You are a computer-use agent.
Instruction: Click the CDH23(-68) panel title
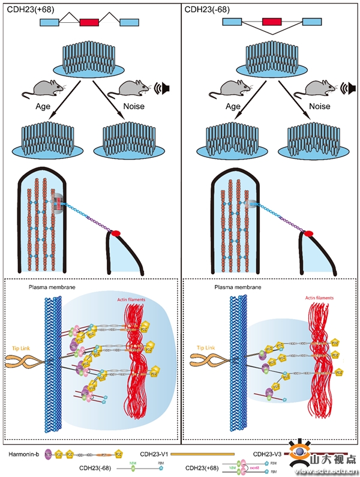205,9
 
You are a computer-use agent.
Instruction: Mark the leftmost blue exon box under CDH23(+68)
50,22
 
